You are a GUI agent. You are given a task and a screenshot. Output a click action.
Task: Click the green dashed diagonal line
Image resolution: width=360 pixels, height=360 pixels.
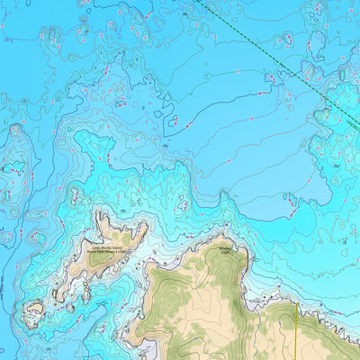[x=270, y=63]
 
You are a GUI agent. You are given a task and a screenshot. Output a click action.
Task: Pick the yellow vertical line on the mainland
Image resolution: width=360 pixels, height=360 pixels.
[x=296, y=333]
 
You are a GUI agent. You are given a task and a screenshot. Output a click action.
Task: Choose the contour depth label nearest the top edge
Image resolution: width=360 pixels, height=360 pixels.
[x=184, y=14]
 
